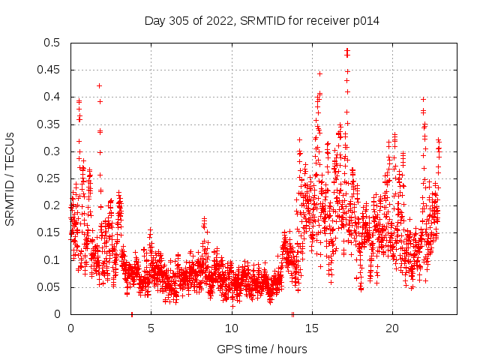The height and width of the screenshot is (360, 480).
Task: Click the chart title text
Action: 262,21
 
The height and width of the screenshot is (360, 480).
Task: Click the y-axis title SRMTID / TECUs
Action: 10,178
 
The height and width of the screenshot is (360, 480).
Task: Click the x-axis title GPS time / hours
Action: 262,349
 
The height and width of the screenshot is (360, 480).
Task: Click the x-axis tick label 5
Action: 151,328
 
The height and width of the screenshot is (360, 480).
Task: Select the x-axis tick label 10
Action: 231,328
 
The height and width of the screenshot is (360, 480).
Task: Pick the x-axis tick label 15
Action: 312,328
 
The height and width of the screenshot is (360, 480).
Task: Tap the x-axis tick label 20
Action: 392,328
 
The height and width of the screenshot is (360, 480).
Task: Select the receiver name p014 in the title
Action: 367,21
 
